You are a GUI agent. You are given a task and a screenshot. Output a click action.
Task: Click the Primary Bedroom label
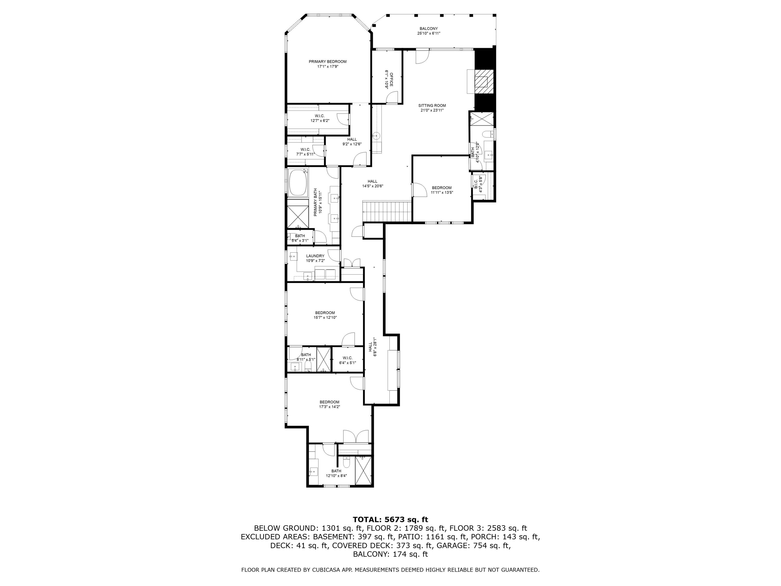[327, 61]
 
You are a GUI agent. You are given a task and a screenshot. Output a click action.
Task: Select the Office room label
[391, 79]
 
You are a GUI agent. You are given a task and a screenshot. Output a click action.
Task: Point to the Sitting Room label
[432, 105]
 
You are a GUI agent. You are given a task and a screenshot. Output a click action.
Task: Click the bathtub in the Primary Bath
[298, 183]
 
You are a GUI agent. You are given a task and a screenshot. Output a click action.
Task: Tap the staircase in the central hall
[388, 211]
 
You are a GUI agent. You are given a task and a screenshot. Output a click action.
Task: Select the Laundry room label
[315, 256]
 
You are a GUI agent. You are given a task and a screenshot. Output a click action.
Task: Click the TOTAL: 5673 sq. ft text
[390, 519]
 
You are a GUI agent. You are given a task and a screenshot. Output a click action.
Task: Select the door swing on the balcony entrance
[421, 58]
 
